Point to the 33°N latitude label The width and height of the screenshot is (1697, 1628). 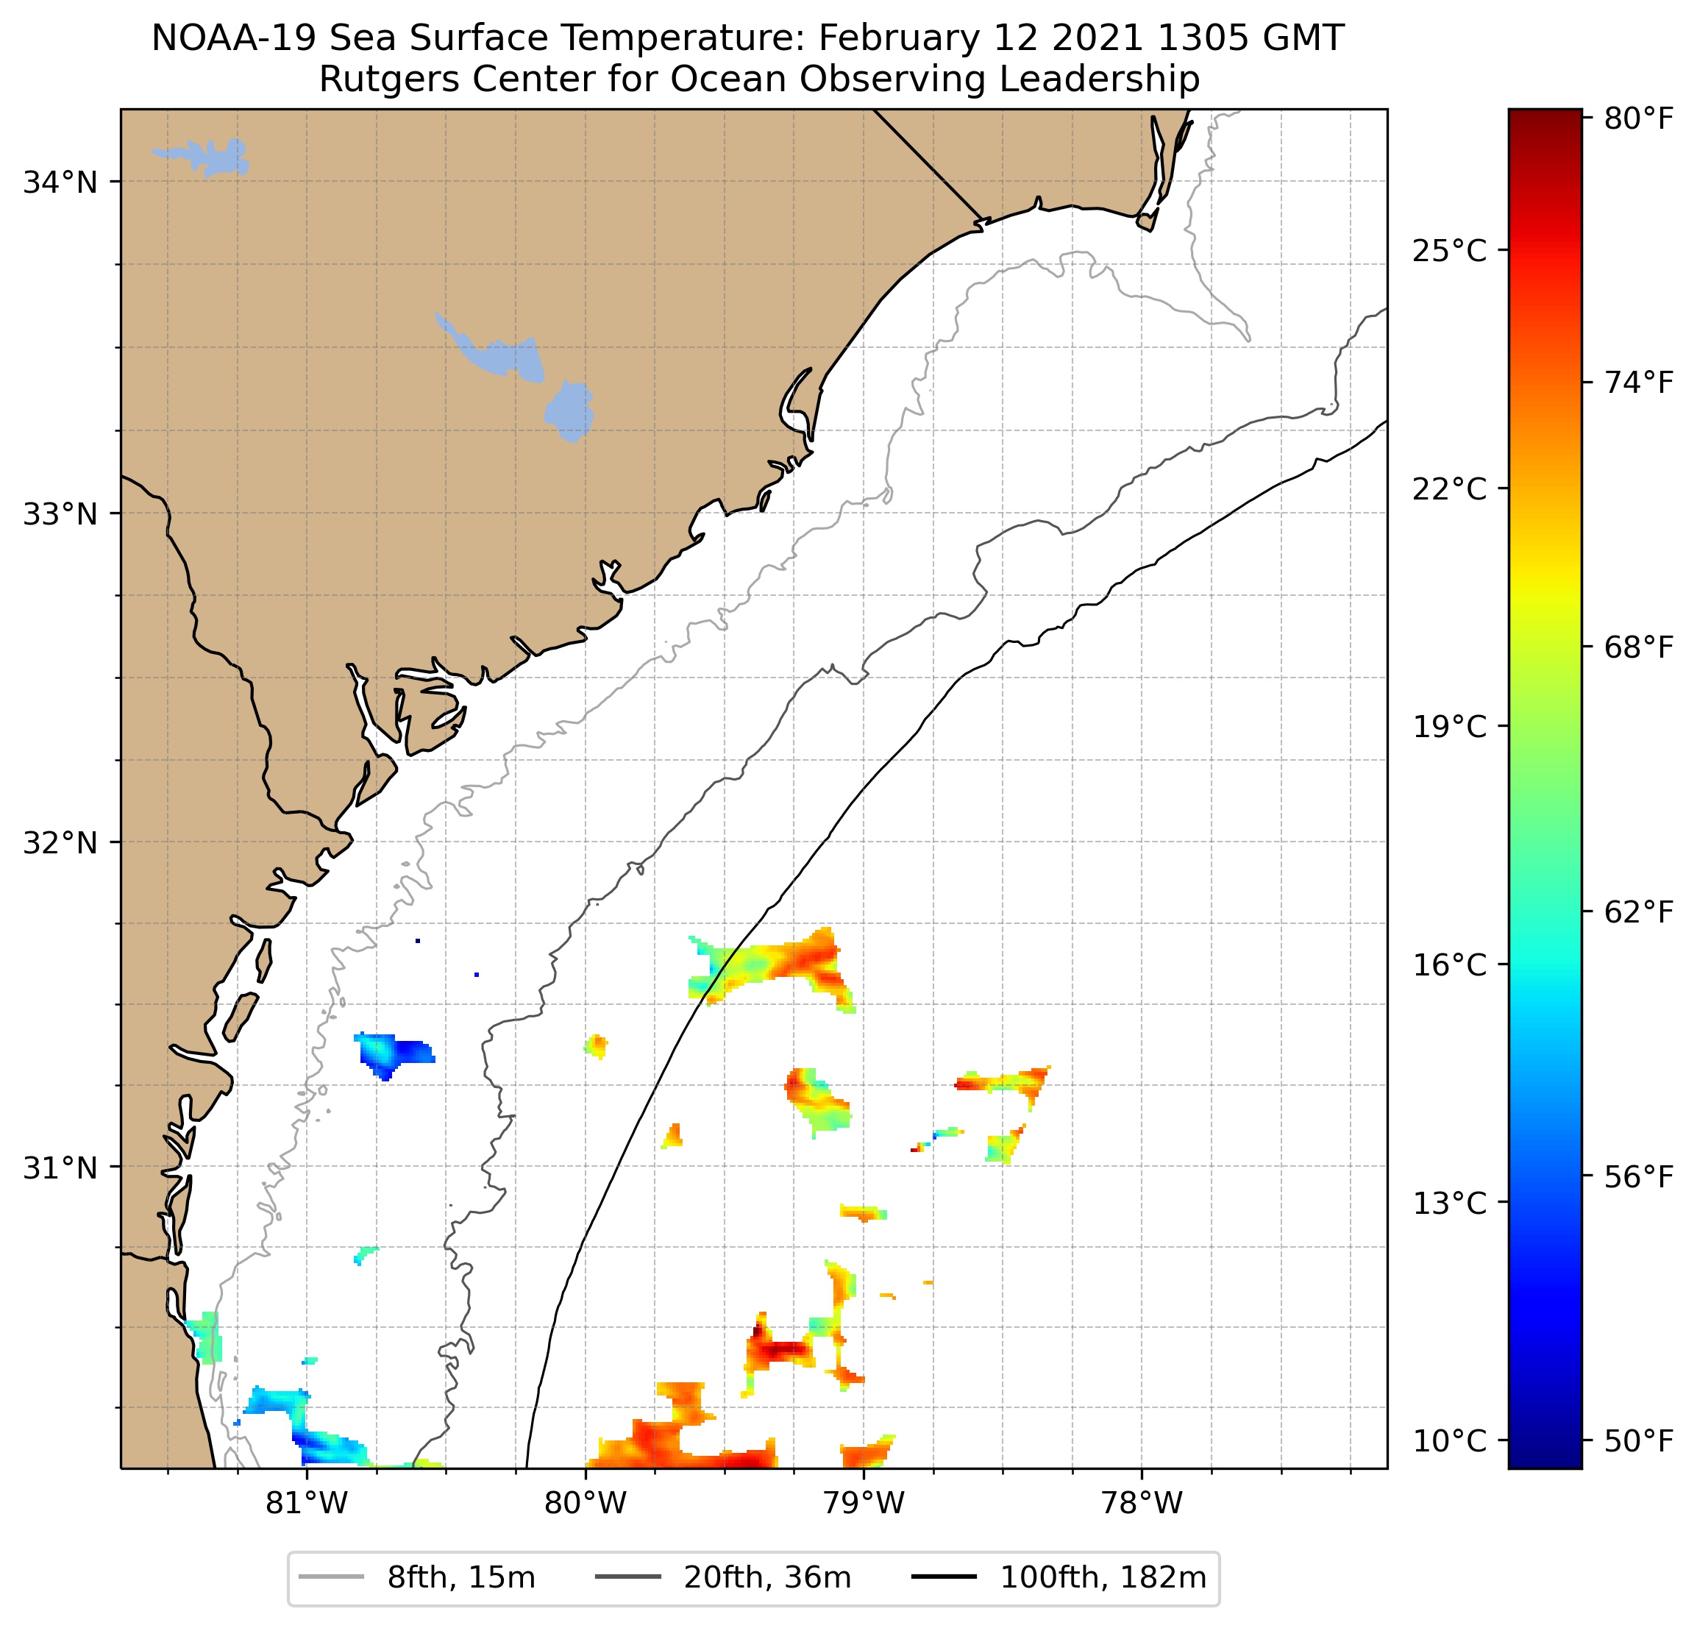tap(60, 514)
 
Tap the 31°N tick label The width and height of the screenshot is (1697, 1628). tap(60, 1168)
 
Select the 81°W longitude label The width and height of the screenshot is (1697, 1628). tap(307, 1503)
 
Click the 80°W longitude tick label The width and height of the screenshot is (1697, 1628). tap(586, 1503)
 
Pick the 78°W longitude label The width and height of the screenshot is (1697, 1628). tap(1141, 1503)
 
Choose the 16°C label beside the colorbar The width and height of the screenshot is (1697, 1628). tap(1449, 964)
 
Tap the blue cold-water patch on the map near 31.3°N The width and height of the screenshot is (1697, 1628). tap(394, 1052)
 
